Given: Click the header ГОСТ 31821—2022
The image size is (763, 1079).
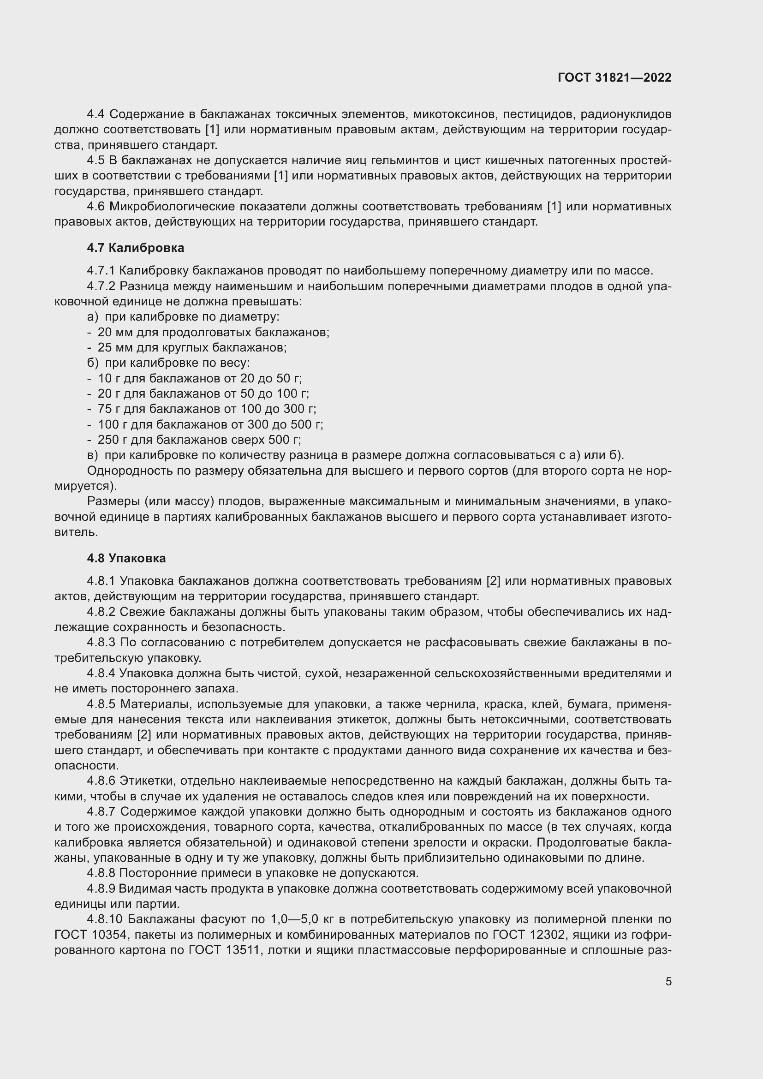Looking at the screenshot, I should click(x=614, y=77).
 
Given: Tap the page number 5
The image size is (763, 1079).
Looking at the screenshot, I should click(x=668, y=982).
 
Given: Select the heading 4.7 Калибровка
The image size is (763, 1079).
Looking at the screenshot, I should click(x=135, y=248).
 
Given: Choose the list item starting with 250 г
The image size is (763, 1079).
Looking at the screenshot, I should click(x=199, y=440).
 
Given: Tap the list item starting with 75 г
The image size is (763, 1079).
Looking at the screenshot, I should click(x=206, y=409).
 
